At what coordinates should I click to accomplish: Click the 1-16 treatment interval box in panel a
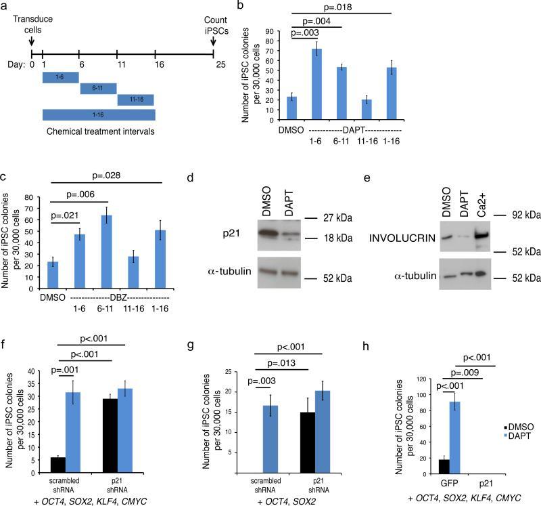tap(99, 115)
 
